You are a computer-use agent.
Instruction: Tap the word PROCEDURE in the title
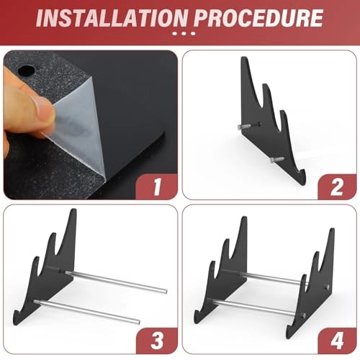[261, 17]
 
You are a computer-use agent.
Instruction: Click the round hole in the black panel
[30, 71]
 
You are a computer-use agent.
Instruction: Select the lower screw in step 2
[277, 159]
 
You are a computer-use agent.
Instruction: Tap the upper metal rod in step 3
[115, 281]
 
